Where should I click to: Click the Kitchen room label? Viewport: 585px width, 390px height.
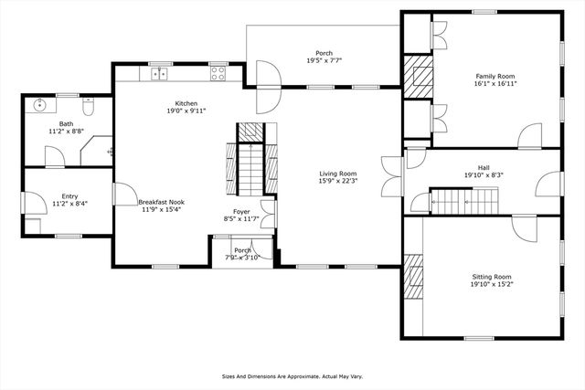tap(186, 103)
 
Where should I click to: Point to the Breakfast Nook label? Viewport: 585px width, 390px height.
tap(162, 202)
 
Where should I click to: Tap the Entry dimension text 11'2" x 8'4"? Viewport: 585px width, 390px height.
tap(69, 203)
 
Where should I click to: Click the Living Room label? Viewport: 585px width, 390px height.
tap(337, 174)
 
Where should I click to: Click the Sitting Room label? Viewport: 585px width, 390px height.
tap(491, 276)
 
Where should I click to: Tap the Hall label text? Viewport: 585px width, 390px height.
tap(484, 167)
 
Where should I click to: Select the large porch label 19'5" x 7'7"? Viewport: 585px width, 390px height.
tap(324, 61)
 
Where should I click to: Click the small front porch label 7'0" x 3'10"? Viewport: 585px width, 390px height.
tap(242, 254)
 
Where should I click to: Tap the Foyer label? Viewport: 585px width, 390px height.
tap(241, 211)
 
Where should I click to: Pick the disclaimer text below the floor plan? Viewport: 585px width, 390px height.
tap(292, 375)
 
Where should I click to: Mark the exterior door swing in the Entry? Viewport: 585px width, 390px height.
tap(32, 202)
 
